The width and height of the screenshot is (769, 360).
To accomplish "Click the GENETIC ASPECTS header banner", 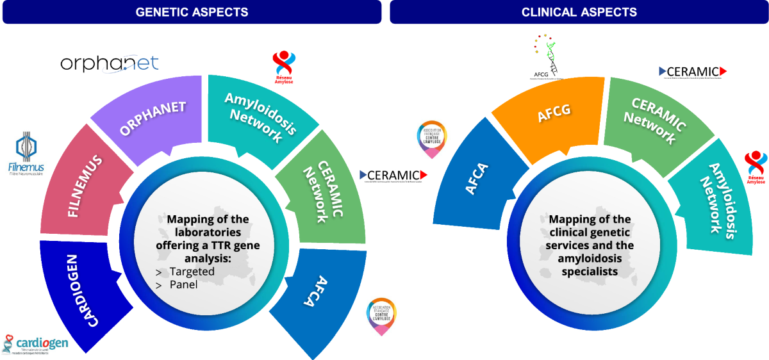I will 192,12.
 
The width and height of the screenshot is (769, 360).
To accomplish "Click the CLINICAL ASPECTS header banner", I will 579,12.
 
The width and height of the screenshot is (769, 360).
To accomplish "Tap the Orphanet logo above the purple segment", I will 109,63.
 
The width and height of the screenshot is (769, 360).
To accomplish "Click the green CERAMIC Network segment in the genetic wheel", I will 320,192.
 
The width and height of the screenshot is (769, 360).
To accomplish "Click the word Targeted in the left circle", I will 192,272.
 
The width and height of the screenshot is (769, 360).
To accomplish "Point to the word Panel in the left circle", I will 184,284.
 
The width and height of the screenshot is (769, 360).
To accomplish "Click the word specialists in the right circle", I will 590,272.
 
